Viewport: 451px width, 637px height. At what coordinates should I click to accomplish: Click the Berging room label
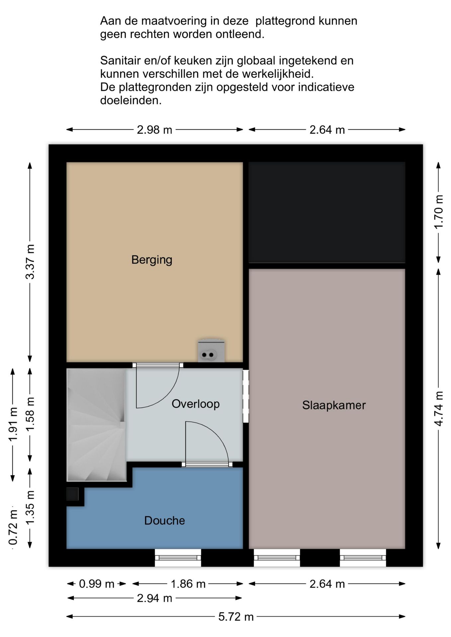click(x=152, y=260)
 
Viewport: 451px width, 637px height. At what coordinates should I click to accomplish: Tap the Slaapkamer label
click(x=334, y=405)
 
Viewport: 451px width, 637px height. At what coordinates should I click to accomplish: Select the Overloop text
click(x=196, y=404)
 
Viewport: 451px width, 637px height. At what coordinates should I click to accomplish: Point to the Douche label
click(x=164, y=521)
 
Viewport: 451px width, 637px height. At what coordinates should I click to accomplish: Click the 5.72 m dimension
click(x=236, y=617)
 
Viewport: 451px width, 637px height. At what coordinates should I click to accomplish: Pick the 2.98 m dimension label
click(x=154, y=130)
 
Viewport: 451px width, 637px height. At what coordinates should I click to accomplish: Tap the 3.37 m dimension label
click(x=30, y=262)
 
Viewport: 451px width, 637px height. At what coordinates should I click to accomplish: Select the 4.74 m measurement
click(x=439, y=409)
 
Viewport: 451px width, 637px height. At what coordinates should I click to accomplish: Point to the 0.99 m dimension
click(x=96, y=584)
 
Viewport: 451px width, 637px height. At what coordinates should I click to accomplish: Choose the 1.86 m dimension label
click(x=188, y=584)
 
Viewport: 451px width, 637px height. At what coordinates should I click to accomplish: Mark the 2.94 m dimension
click(x=154, y=598)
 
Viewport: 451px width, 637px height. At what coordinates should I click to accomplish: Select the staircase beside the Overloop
click(x=97, y=425)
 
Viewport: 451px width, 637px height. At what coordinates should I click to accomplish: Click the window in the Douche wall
click(x=178, y=558)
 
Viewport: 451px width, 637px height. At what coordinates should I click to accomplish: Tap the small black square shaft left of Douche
click(x=72, y=494)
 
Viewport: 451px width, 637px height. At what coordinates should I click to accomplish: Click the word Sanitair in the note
click(x=119, y=61)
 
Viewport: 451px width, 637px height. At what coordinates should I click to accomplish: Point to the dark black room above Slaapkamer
click(x=327, y=212)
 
